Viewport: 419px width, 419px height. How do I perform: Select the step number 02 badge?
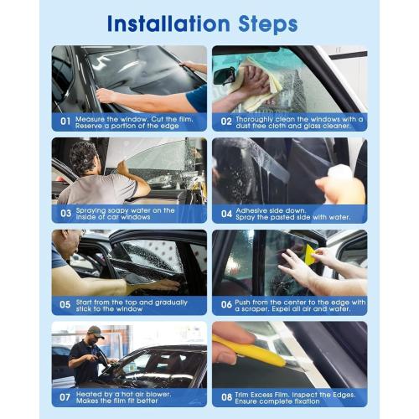pos(226,122)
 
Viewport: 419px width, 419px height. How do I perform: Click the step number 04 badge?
pos(226,213)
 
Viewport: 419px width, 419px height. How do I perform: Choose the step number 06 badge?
pos(226,305)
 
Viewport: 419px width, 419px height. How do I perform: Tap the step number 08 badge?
pos(226,396)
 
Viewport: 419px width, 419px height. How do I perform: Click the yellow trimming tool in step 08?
pos(251,352)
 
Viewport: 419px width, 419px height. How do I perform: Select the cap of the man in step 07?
pos(96,331)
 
